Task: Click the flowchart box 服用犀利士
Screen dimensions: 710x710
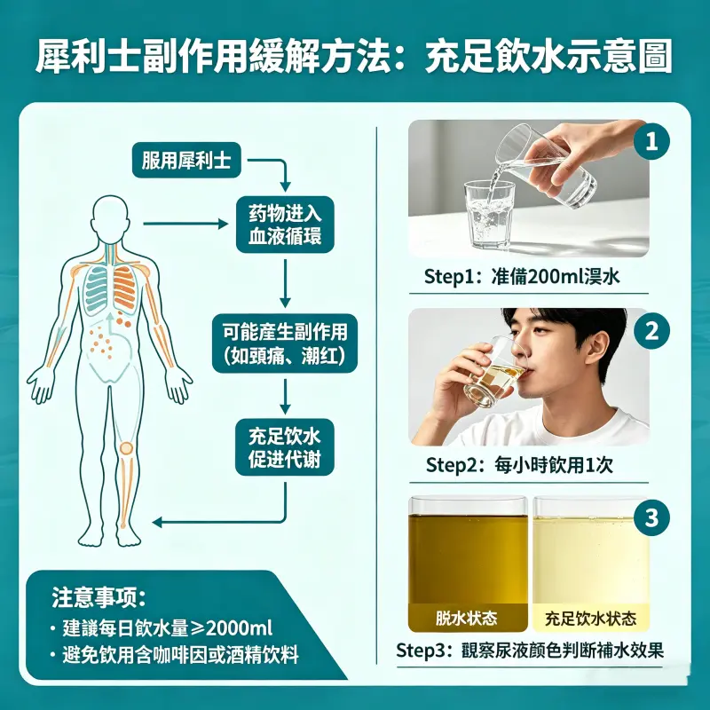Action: coord(186,161)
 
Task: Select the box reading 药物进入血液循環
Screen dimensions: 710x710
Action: coord(285,225)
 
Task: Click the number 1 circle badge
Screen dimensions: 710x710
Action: coord(652,142)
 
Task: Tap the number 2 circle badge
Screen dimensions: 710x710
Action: coord(652,331)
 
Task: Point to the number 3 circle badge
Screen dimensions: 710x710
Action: coord(652,517)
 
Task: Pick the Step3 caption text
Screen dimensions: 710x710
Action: coord(530,650)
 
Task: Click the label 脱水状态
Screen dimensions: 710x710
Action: coord(467,617)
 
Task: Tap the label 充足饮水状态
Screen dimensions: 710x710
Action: coord(591,617)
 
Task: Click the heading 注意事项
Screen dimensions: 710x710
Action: coord(99,596)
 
